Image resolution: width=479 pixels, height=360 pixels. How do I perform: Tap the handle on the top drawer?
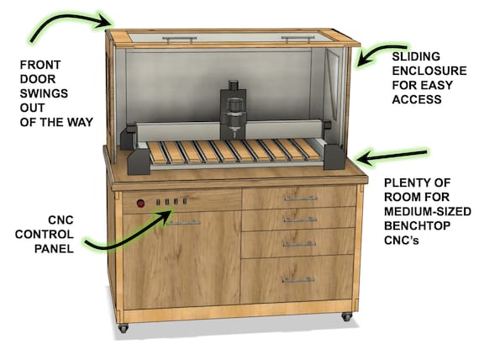coord(300,199)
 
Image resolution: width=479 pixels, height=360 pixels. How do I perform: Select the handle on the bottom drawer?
coord(299,279)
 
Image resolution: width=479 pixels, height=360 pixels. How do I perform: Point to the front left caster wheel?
coord(124,327)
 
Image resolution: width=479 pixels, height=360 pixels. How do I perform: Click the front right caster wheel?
coord(345,318)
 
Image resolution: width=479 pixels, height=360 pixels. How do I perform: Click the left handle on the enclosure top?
coord(179,37)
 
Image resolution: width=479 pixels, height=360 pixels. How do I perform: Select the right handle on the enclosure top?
coord(298,38)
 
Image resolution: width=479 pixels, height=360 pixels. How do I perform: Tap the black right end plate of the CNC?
coord(330,156)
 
